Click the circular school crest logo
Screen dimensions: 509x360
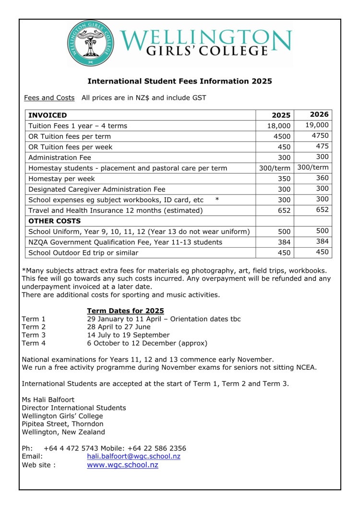click(90, 43)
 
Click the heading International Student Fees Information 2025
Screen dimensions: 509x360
click(180, 81)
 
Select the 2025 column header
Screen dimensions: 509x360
click(281, 115)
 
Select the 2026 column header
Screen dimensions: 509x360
click(320, 114)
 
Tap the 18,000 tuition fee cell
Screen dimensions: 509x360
click(279, 126)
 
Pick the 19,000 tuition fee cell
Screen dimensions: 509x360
click(317, 125)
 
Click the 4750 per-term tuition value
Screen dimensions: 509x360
click(320, 135)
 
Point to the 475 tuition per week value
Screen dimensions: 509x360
click(322, 146)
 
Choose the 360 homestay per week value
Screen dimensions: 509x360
click(322, 178)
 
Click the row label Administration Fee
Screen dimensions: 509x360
click(60, 158)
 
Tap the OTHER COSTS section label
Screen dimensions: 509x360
click(55, 221)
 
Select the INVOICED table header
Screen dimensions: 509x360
click(48, 115)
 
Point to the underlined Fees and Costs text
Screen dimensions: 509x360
click(49, 98)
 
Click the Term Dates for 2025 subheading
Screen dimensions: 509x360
click(125, 311)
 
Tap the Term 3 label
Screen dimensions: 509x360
click(34, 335)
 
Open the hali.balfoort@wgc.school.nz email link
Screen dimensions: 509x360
click(133, 456)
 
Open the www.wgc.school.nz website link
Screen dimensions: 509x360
click(122, 465)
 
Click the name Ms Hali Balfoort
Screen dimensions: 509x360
click(48, 400)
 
